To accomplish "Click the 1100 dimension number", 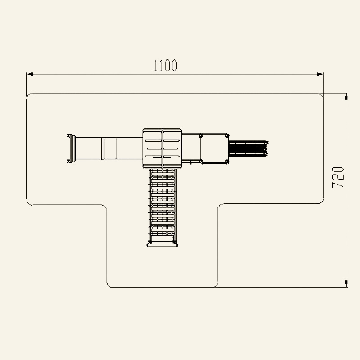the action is tap(165, 66).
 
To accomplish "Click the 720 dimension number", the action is tap(338, 177).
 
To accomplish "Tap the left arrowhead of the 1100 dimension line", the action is tap(30, 74).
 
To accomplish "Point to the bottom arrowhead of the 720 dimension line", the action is tap(346, 283).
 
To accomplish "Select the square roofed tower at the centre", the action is tap(162, 148).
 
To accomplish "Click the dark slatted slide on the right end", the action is tap(248, 148).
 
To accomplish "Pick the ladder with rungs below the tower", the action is tap(162, 208).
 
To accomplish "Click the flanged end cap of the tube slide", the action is tap(71, 149).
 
